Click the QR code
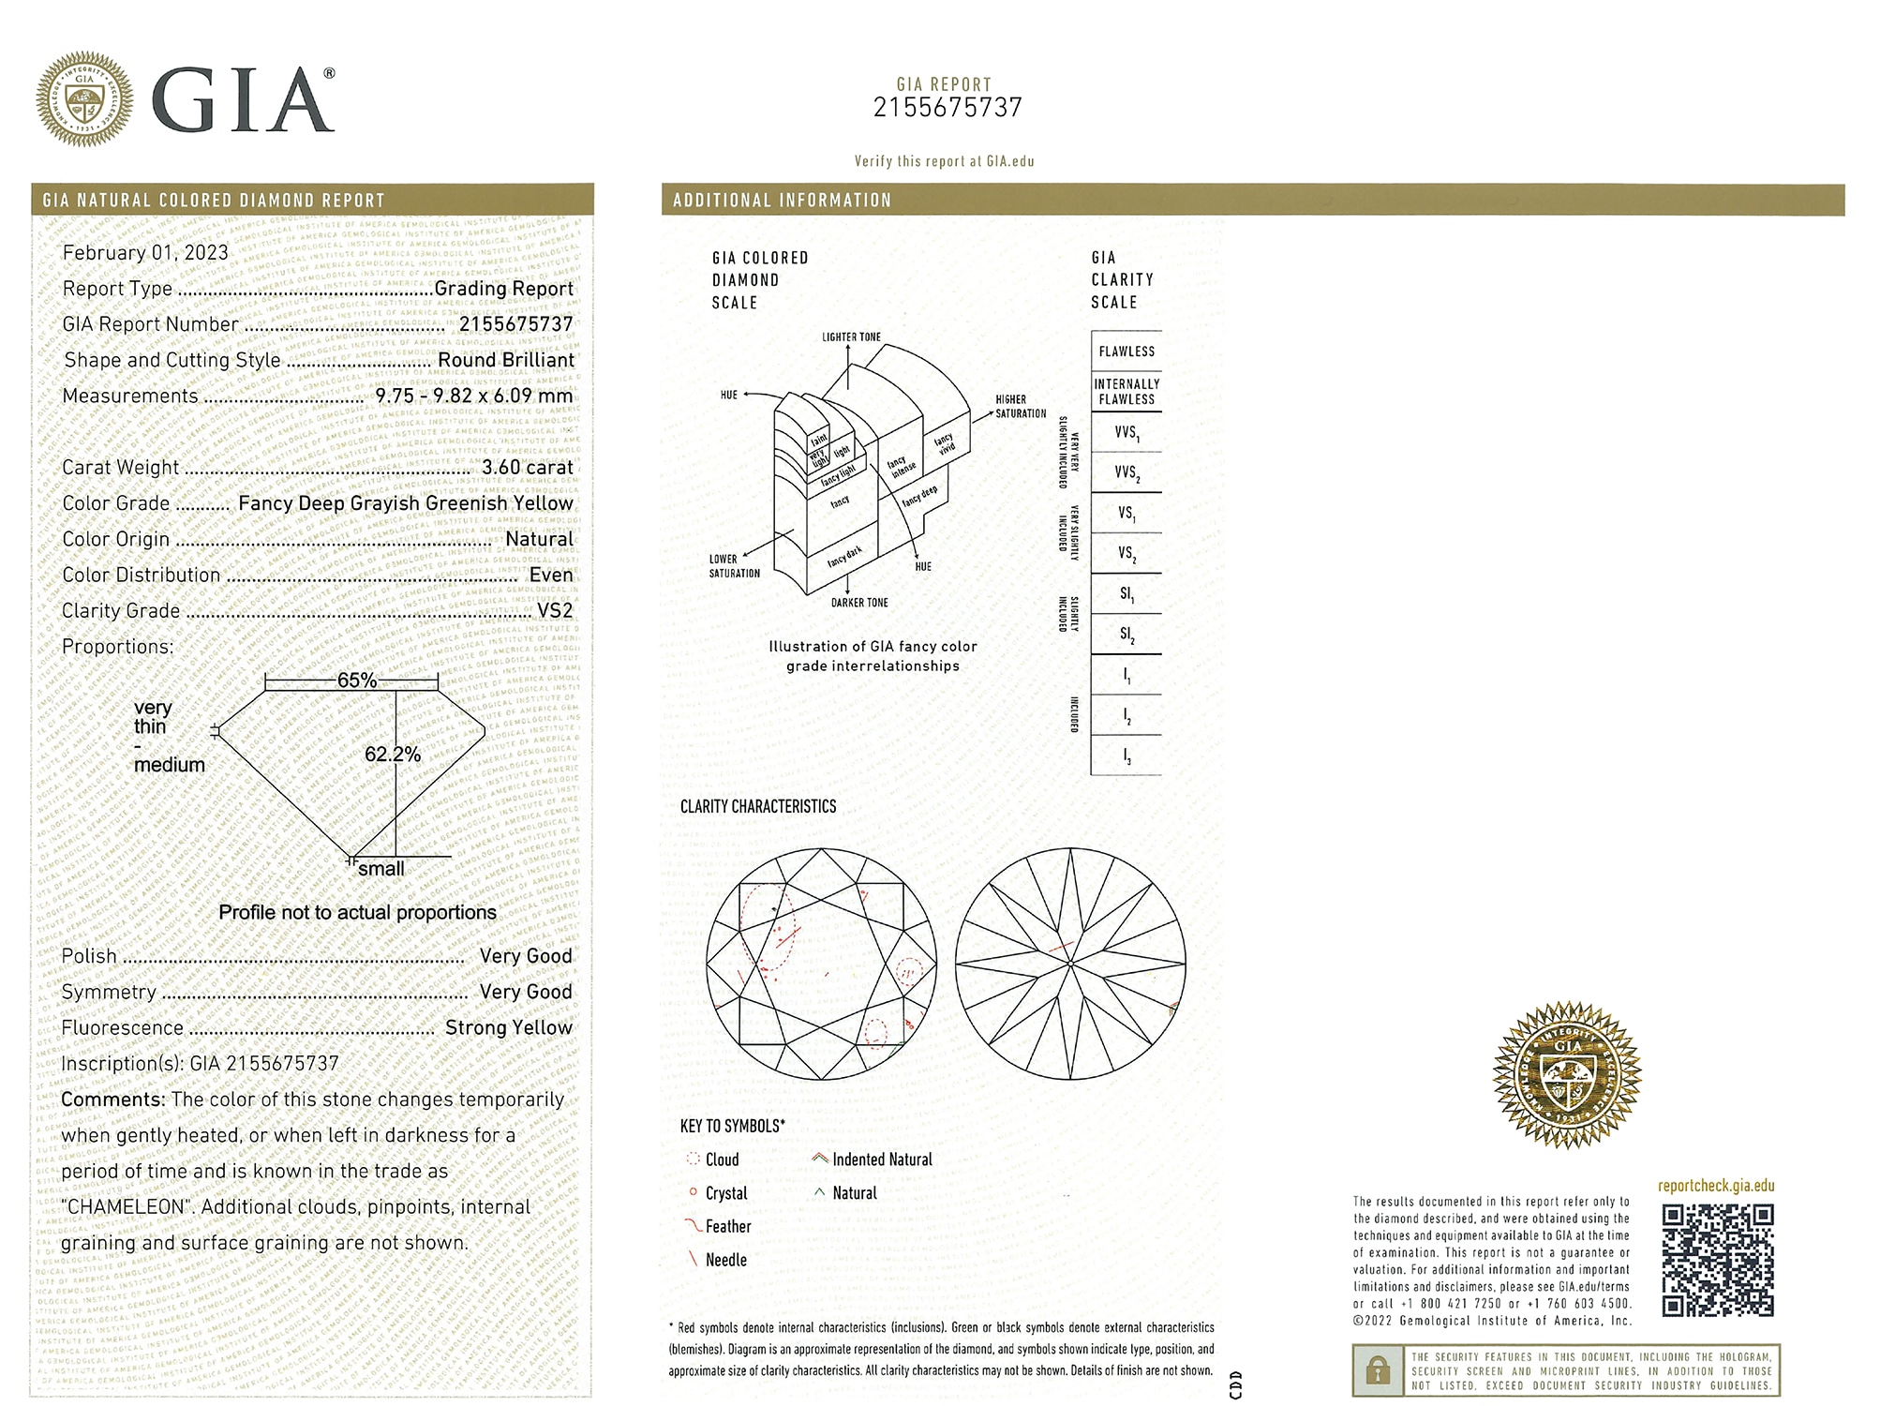[x=1718, y=1261]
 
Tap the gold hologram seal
[x=1567, y=1074]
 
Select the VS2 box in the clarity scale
[x=1127, y=554]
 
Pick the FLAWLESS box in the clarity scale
[x=1127, y=351]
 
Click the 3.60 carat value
[x=527, y=467]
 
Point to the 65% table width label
[x=356, y=681]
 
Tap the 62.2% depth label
[x=393, y=755]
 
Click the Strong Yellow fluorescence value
[x=508, y=1027]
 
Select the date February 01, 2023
[x=145, y=252]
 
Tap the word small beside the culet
[x=381, y=869]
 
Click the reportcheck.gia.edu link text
[x=1716, y=1186]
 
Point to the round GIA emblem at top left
[x=84, y=99]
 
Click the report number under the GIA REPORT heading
[x=947, y=108]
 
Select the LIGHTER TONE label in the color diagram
[x=851, y=337]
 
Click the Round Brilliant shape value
[x=506, y=360]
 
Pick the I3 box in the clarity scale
[x=1127, y=756]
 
